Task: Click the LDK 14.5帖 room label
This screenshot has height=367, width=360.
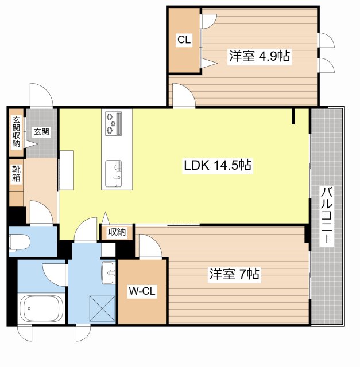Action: [x=217, y=166]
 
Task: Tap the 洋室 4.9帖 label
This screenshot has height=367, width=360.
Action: [x=259, y=56]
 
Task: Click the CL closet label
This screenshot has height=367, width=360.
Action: [x=183, y=40]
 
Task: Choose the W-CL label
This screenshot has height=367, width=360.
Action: [x=141, y=292]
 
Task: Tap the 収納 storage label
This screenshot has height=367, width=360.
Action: [x=117, y=232]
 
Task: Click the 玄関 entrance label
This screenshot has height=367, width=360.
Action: [x=41, y=131]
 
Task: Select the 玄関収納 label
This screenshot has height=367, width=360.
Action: [x=16, y=131]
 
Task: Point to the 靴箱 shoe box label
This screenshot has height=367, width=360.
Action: [x=16, y=174]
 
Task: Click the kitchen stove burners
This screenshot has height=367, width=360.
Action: [x=113, y=122]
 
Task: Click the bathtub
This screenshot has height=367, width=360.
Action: [x=41, y=309]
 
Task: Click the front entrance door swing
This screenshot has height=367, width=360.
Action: [x=42, y=95]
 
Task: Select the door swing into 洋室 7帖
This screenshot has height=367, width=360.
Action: [x=150, y=247]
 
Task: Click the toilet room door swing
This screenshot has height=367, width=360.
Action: [x=41, y=213]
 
